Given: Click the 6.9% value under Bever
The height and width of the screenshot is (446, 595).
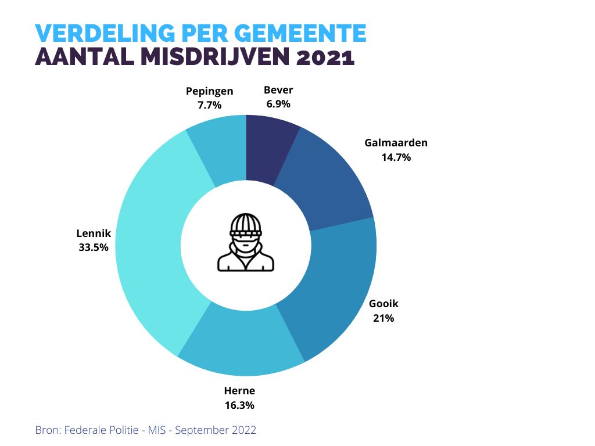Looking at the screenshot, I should point(278,105).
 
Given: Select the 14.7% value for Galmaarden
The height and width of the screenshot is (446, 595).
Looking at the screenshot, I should point(396,157).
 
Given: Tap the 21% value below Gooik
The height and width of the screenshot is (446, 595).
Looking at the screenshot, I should point(384,318).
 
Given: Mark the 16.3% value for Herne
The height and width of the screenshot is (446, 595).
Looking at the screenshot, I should point(239,405).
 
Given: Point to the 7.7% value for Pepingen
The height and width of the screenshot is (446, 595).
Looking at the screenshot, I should point(210,105).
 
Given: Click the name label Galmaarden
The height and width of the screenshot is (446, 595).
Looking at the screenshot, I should point(396,143).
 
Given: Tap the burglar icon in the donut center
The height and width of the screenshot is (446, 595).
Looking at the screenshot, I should point(246,244).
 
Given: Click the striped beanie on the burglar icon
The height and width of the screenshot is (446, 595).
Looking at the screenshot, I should point(246,223).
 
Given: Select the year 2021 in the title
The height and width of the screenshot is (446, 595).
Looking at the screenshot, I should point(325,58).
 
